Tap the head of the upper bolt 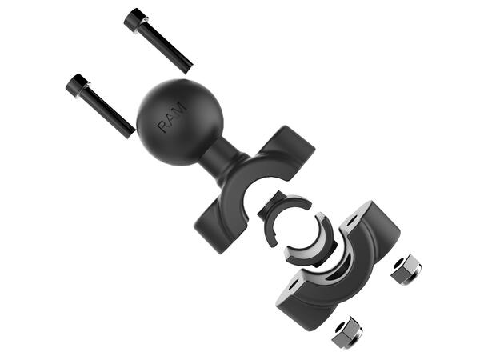click(x=134, y=19)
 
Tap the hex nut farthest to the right click(x=405, y=270)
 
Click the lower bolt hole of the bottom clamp click(x=295, y=283)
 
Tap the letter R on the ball click(x=162, y=126)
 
